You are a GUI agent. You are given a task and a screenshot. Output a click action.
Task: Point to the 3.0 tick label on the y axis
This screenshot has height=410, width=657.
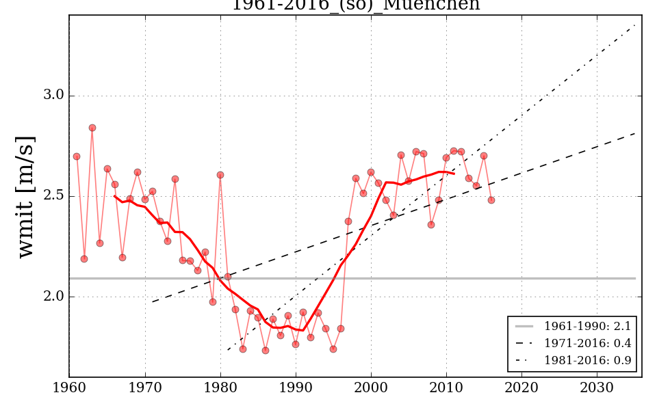click(x=54, y=96)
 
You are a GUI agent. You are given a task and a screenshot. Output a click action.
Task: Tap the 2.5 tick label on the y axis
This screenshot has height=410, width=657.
click(x=54, y=196)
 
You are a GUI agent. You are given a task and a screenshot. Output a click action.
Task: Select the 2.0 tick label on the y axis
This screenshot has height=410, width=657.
click(x=54, y=297)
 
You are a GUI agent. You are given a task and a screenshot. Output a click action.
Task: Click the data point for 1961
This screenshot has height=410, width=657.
click(x=77, y=156)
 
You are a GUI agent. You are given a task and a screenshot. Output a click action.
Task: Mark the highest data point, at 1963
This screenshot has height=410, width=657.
click(x=92, y=128)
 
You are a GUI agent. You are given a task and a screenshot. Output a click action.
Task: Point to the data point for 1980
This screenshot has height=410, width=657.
click(x=220, y=175)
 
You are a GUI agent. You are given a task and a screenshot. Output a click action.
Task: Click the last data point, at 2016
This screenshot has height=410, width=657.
click(x=491, y=200)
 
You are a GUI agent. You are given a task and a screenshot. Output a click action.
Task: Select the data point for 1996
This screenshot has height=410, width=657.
click(x=340, y=329)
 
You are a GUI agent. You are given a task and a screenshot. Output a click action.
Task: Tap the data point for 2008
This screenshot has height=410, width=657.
click(x=431, y=225)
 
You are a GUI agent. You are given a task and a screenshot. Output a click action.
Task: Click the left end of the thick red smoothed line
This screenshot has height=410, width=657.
click(x=115, y=196)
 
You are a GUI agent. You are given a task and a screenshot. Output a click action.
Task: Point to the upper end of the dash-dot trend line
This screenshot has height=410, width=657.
click(x=635, y=25)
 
